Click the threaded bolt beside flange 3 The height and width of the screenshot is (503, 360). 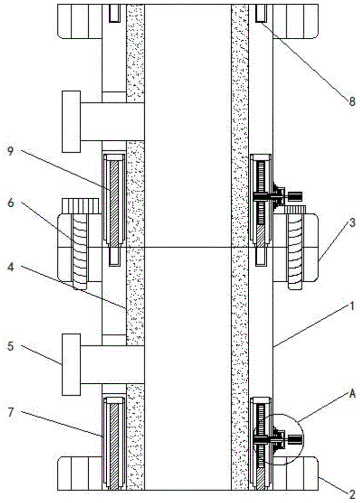[294, 251]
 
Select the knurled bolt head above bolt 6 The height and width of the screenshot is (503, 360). [80, 205]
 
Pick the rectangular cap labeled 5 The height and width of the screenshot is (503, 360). [71, 364]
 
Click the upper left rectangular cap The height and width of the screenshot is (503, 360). [71, 121]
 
